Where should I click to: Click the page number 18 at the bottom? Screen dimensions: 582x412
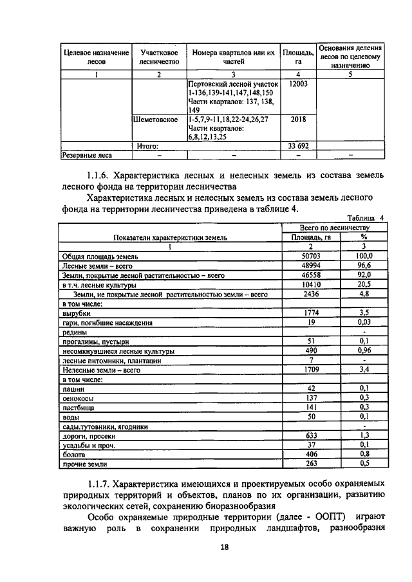tap(205, 547)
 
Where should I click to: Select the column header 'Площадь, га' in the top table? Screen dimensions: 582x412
tap(298, 57)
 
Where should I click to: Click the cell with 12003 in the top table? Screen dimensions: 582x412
tap(298, 85)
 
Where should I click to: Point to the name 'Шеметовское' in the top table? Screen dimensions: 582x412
tap(155, 120)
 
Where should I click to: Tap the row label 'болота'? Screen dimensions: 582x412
tap(73, 454)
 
